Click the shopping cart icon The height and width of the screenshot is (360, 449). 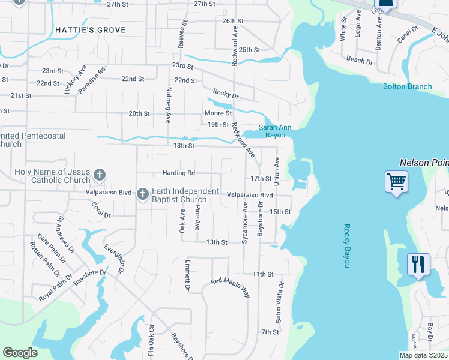tap(396, 181)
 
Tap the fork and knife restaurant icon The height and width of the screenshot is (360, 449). tap(418, 264)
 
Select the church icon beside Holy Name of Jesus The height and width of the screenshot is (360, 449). tap(100, 176)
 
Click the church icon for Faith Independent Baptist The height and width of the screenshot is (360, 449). tap(142, 194)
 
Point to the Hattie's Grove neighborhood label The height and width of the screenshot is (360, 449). tap(91, 30)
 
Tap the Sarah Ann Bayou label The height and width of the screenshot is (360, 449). tap(275, 131)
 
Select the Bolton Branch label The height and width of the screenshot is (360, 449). tap(407, 87)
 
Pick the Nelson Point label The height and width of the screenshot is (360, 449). tap(424, 163)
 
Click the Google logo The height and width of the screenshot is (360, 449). tap(20, 353)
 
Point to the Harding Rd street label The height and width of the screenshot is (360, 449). tap(179, 173)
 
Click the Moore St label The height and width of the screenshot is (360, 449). tap(218, 113)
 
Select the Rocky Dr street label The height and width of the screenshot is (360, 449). tap(226, 95)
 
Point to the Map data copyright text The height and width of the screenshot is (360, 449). tap(423, 355)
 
